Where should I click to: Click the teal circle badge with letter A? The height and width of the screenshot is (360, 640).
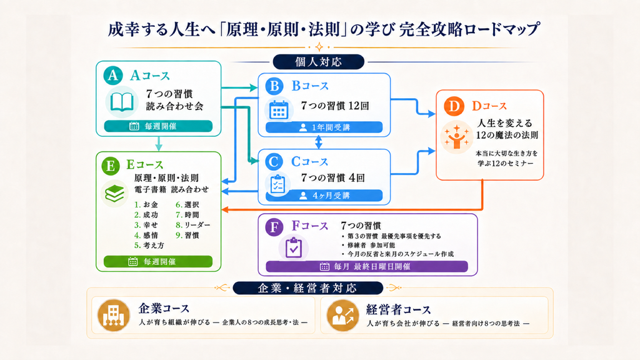pyautogui.click(x=113, y=75)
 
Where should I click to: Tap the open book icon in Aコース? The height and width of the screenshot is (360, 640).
pyautogui.click(x=122, y=102)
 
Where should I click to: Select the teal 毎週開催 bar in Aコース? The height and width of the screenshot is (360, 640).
pyautogui.click(x=158, y=126)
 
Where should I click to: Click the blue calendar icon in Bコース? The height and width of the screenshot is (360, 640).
pyautogui.click(x=279, y=109)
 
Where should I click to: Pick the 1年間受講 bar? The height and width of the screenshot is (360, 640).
pyautogui.click(x=324, y=127)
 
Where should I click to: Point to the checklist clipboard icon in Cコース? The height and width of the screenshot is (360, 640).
pyautogui.click(x=277, y=184)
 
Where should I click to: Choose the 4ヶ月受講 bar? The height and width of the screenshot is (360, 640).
pyautogui.click(x=324, y=196)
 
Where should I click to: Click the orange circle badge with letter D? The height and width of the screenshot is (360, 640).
pyautogui.click(x=454, y=106)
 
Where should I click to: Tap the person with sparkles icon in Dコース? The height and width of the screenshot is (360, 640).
pyautogui.click(x=457, y=137)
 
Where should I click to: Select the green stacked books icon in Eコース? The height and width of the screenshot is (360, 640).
pyautogui.click(x=115, y=194)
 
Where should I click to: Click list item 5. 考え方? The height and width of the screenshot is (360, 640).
pyautogui.click(x=149, y=245)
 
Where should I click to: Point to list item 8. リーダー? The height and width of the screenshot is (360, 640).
pyautogui.click(x=193, y=225)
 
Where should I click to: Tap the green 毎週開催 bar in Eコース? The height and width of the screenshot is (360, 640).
pyautogui.click(x=158, y=262)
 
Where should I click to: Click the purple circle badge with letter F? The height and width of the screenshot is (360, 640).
pyautogui.click(x=274, y=227)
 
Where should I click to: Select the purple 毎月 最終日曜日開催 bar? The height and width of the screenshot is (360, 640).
pyautogui.click(x=366, y=266)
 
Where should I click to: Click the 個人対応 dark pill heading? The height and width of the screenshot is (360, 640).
pyautogui.click(x=318, y=62)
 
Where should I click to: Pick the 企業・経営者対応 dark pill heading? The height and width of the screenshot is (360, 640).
pyautogui.click(x=307, y=288)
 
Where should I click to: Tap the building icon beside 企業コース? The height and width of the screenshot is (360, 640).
pyautogui.click(x=114, y=315)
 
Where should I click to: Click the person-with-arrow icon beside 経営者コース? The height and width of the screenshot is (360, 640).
pyautogui.click(x=343, y=315)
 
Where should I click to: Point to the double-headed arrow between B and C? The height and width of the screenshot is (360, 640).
pyautogui.click(x=319, y=142)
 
